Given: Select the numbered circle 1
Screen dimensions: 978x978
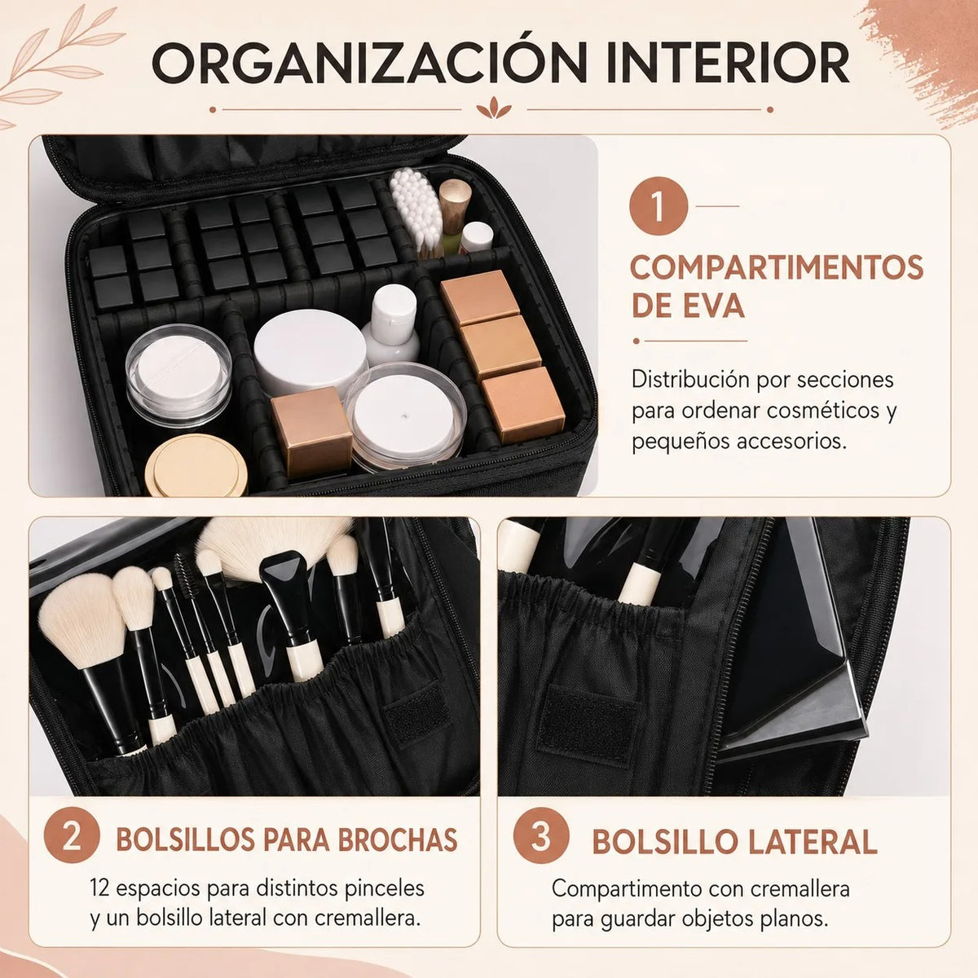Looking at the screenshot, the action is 659,205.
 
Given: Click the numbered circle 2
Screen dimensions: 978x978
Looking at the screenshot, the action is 72,835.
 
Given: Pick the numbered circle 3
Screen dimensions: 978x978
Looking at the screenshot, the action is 541,835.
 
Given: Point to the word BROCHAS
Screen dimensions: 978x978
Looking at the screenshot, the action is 398,840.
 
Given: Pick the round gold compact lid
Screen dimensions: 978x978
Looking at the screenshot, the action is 196,465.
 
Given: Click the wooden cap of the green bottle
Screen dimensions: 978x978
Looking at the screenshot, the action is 456,200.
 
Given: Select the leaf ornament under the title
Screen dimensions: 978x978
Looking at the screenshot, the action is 493,108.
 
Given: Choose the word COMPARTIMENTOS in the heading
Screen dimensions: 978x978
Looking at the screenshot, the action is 777,267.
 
